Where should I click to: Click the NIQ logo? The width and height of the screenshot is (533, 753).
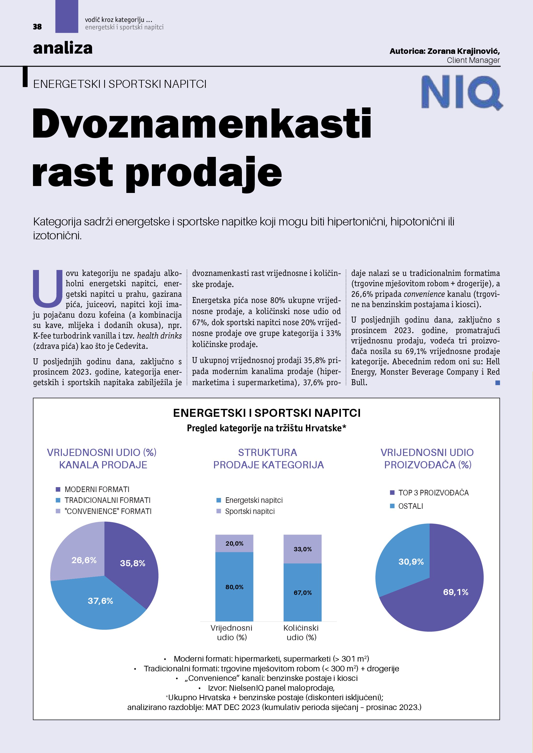tap(461, 92)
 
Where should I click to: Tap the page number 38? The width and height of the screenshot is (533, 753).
tap(37, 27)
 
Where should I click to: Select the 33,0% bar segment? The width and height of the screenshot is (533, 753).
tap(302, 549)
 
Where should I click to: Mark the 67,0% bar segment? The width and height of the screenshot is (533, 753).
tap(302, 593)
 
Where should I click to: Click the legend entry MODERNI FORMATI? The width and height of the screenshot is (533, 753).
tap(97, 489)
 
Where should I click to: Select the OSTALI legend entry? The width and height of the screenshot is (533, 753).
tap(410, 506)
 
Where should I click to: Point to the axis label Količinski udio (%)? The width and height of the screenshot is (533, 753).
tap(301, 632)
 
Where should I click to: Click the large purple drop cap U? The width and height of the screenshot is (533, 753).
tap(48, 288)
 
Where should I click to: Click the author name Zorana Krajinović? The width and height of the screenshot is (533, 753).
tap(463, 51)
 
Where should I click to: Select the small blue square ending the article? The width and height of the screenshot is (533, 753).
tap(498, 383)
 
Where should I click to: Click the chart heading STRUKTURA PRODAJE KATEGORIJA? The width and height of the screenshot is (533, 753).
tap(268, 459)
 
